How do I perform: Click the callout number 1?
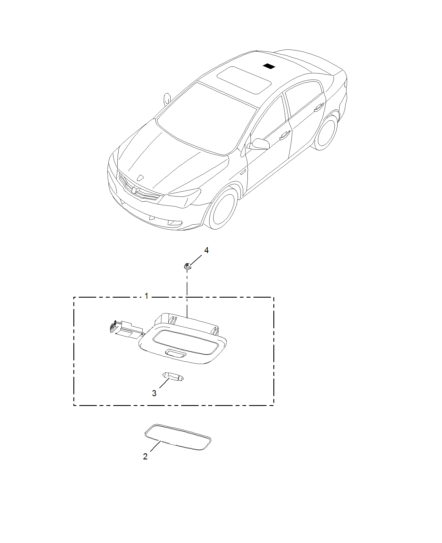[x=146, y=296]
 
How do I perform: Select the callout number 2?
[x=145, y=456]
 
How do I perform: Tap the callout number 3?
[x=154, y=393]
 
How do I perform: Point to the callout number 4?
[x=206, y=251]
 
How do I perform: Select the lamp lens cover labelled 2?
[x=177, y=441]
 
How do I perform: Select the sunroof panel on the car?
[x=244, y=80]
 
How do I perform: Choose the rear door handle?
[x=318, y=107]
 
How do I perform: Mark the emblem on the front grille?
[x=134, y=190]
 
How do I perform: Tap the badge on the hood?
[x=140, y=178]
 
